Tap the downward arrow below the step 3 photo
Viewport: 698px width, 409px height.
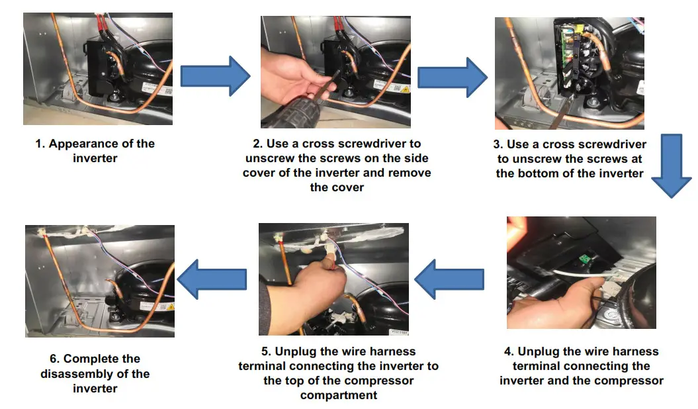point(672,165)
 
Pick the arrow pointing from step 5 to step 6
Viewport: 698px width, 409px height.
point(211,279)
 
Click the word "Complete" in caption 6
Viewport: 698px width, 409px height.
point(103,359)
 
